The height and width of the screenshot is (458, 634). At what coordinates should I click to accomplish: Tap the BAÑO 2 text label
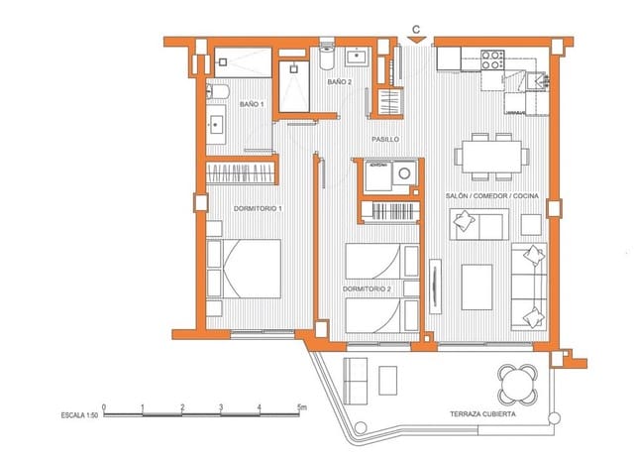340,82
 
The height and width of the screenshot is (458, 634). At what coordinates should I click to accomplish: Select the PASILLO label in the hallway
385,140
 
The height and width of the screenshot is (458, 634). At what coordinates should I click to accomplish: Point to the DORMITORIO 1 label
259,209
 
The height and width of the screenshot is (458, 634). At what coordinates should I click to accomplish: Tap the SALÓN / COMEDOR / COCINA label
490,198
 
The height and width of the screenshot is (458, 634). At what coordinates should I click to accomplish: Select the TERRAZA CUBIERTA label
481,412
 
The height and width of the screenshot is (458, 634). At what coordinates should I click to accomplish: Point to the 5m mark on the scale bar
302,406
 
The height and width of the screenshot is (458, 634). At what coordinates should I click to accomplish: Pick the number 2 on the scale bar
182,406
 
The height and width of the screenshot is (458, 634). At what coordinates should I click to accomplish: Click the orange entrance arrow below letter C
418,41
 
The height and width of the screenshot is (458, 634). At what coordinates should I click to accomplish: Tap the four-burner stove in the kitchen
492,58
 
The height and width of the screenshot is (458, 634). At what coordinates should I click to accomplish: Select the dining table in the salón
488,154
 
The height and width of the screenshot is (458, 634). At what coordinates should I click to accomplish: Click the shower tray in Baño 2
296,87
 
